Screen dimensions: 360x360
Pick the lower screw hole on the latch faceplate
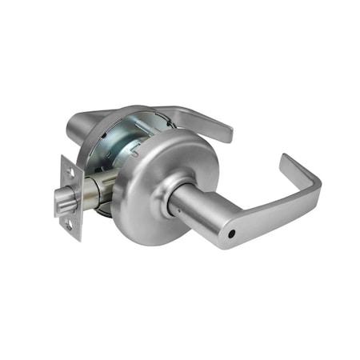click(x=70, y=226)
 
